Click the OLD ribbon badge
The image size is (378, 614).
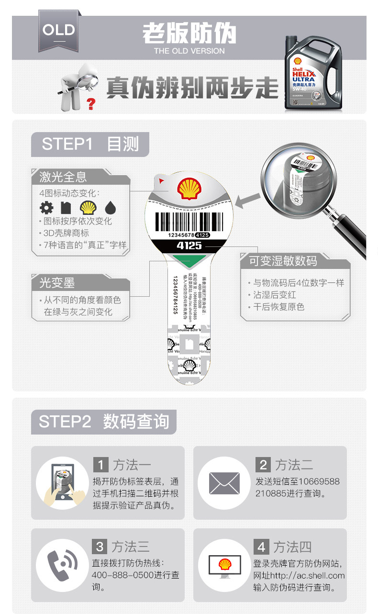click(58, 31)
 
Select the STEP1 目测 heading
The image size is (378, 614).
click(90, 144)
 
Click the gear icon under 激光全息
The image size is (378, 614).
click(46, 207)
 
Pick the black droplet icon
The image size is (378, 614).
click(111, 207)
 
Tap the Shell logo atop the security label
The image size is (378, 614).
click(189, 188)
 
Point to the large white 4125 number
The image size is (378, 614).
click(189, 246)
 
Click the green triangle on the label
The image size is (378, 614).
click(189, 261)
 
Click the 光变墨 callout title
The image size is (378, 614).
click(57, 283)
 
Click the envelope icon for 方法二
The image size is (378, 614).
click(224, 483)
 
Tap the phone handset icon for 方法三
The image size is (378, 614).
click(62, 565)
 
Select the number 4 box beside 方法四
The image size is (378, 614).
click(261, 547)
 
